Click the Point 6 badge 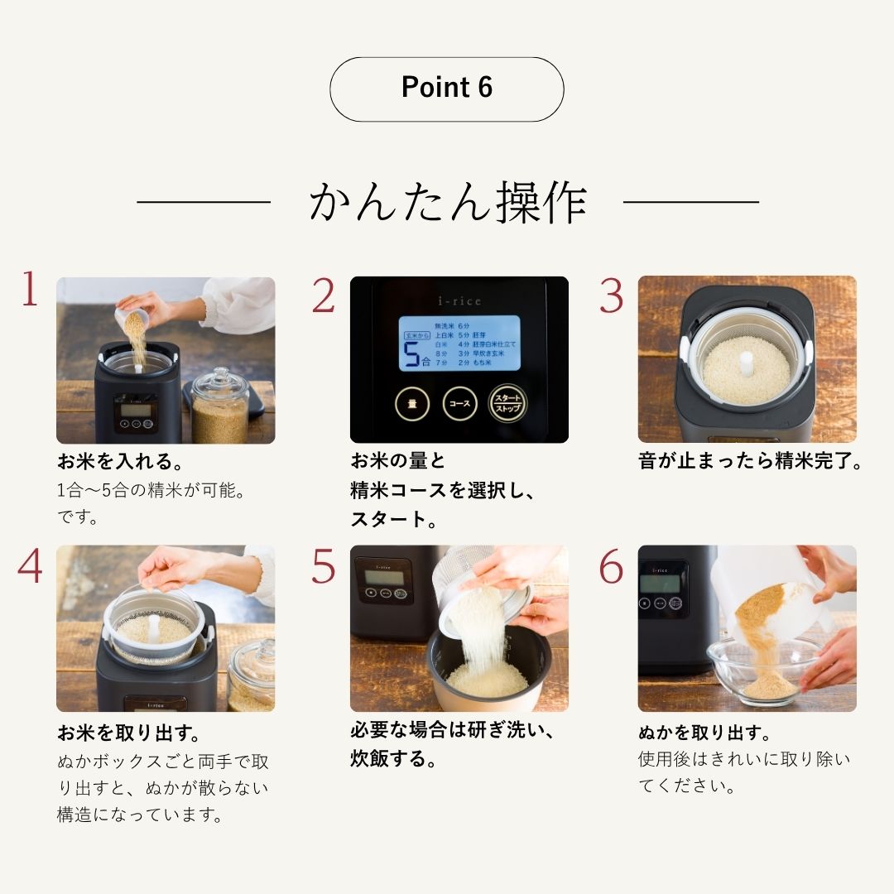point(446,89)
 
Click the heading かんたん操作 point(447,202)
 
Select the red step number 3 point(611,296)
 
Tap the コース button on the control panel point(459,404)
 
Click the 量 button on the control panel point(411,404)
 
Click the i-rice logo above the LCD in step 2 point(459,301)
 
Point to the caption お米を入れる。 point(120,461)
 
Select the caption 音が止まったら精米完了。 point(750,461)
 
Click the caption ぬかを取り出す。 point(704,733)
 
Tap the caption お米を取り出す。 point(129,733)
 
